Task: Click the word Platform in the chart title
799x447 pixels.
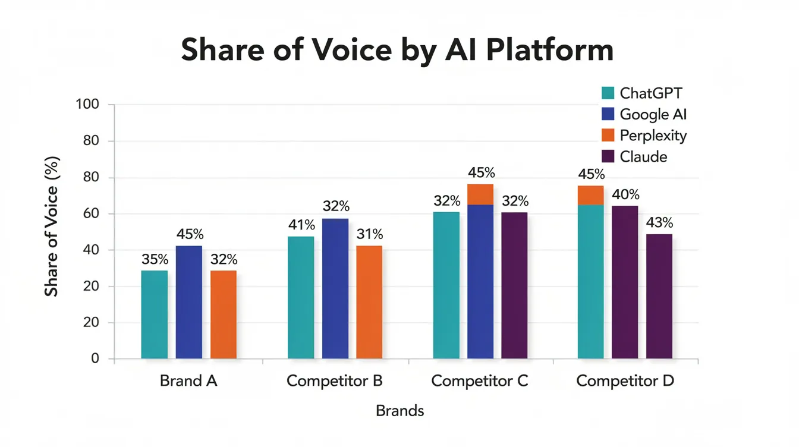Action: click(x=549, y=50)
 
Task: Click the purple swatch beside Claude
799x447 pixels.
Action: click(x=608, y=157)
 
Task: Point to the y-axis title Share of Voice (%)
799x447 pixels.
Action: click(x=52, y=226)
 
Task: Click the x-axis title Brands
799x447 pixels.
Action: click(x=400, y=411)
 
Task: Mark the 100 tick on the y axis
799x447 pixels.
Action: click(x=87, y=105)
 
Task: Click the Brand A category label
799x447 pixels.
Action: click(x=188, y=380)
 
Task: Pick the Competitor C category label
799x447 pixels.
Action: click(x=479, y=380)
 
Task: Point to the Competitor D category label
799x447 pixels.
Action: click(x=625, y=380)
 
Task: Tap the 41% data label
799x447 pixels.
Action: click(x=301, y=225)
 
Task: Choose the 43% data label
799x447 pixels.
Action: click(x=659, y=223)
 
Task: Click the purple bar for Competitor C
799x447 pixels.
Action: click(x=514, y=285)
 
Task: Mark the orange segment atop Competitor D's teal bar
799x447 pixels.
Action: click(x=590, y=196)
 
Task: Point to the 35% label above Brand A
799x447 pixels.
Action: click(x=155, y=260)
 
